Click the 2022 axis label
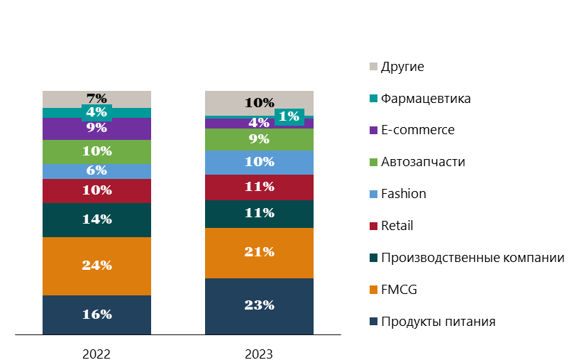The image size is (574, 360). coord(96,353)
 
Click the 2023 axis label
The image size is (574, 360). coord(259,353)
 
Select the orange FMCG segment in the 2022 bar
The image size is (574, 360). coord(96,266)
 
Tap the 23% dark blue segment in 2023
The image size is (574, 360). coord(259,305)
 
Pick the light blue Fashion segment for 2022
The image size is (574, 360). coord(96,171)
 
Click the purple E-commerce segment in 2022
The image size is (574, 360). coord(96,129)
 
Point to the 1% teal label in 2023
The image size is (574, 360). coord(288,116)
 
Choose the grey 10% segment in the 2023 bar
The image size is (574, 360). coord(259,103)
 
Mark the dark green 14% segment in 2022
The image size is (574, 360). coord(96,219)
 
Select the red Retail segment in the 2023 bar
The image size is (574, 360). coord(259,187)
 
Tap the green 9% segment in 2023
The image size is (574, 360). coord(259,139)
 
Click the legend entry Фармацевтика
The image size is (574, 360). coord(425,99)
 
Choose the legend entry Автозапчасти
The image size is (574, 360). coord(423,162)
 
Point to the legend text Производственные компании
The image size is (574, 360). coord(473,258)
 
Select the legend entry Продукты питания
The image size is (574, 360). coord(438,322)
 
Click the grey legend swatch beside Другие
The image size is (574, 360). coord(373,67)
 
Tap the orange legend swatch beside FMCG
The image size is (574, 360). coord(373,290)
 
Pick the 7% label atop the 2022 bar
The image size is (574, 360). coord(96,99)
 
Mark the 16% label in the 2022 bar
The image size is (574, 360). coord(96,315)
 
